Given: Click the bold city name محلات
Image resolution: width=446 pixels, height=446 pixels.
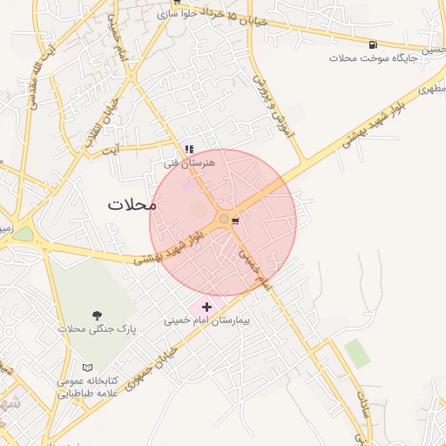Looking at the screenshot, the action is pyautogui.click(x=132, y=206).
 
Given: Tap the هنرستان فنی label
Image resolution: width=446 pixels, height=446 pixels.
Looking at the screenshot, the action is pyautogui.click(x=183, y=163).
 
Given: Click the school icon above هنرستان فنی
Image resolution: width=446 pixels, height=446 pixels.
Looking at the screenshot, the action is pyautogui.click(x=189, y=149).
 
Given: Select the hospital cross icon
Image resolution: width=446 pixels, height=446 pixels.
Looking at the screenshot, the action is pyautogui.click(x=206, y=307).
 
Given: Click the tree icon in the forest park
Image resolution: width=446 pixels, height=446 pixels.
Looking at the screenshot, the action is pyautogui.click(x=96, y=314).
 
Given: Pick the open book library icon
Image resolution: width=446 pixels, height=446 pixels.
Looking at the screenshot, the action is pyautogui.click(x=85, y=368).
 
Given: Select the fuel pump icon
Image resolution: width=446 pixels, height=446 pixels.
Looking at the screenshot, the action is pyautogui.click(x=374, y=44).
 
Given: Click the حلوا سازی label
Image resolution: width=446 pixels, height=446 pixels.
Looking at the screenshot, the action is pyautogui.click(x=180, y=15).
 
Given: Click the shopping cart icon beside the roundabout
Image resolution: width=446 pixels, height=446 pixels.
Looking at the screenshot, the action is pyautogui.click(x=235, y=221).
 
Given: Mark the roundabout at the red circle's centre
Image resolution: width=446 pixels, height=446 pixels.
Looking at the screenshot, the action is pyautogui.click(x=224, y=219).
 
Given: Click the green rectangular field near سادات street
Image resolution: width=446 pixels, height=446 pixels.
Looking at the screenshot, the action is pyautogui.click(x=356, y=353).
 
